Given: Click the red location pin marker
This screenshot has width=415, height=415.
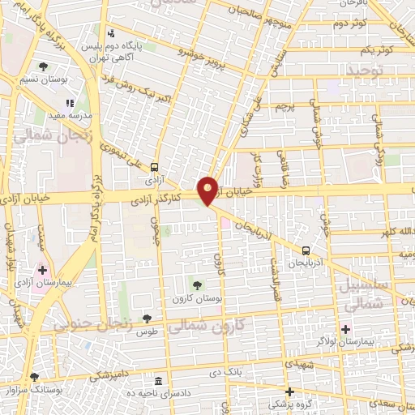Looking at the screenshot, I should (x=209, y=190).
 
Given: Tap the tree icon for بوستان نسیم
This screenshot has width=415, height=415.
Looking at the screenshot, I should (x=42, y=66).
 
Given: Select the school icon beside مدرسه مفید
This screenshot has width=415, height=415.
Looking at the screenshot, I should (x=70, y=104).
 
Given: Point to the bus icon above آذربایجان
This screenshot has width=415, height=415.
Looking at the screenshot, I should (x=306, y=250).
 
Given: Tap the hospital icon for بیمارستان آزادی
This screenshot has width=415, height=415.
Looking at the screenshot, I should (x=42, y=269).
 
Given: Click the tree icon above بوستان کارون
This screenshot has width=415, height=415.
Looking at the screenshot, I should (x=196, y=284).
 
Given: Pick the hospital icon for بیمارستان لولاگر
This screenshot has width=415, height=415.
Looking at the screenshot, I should (x=345, y=328).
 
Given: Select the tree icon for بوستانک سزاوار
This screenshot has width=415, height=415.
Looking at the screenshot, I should (x=34, y=377).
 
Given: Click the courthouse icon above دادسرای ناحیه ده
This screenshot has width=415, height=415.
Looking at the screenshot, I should (x=157, y=381).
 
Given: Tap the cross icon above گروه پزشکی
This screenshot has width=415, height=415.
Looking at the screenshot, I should (x=289, y=391).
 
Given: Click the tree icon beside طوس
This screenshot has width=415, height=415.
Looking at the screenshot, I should (x=147, y=319).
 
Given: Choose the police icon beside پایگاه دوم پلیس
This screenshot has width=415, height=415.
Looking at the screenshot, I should (x=112, y=33).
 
